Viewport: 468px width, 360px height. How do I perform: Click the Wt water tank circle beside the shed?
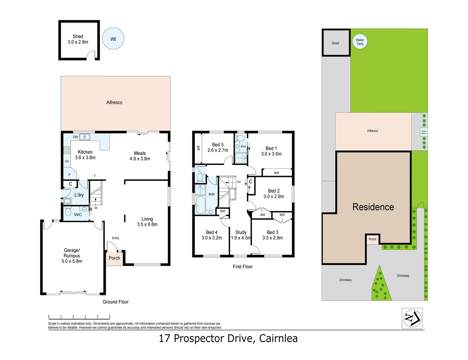[x=113, y=39]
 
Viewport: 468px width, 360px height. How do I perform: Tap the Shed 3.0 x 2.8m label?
[x=78, y=39]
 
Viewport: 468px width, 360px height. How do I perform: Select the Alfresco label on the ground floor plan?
[x=114, y=102]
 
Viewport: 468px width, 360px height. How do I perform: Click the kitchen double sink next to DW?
[x=84, y=137]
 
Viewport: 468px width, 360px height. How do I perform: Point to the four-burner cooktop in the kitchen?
[x=67, y=150]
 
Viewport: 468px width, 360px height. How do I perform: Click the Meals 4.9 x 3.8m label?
[x=140, y=156]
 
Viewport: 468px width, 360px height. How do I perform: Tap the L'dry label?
[x=79, y=195]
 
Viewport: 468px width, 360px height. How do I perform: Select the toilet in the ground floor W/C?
[x=68, y=212]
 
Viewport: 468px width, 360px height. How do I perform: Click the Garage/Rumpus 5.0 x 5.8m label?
[x=72, y=256]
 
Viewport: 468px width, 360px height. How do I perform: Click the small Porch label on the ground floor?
[x=114, y=258]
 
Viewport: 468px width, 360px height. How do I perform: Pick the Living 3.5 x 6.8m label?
[x=147, y=222]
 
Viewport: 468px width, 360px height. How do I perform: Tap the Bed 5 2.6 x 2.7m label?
[x=218, y=147]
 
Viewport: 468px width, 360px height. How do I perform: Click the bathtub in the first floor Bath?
[x=200, y=204]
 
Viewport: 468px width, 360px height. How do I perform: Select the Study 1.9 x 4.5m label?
[x=241, y=235]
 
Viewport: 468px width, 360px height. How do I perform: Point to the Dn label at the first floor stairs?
[x=239, y=182]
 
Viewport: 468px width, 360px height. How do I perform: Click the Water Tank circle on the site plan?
[x=360, y=42]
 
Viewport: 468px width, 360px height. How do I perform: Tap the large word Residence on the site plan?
[x=373, y=207]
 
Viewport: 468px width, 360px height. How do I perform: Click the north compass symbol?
[x=412, y=318]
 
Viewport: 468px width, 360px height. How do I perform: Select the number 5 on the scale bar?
[x=110, y=316]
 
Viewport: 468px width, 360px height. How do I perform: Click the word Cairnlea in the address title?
[x=278, y=338]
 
